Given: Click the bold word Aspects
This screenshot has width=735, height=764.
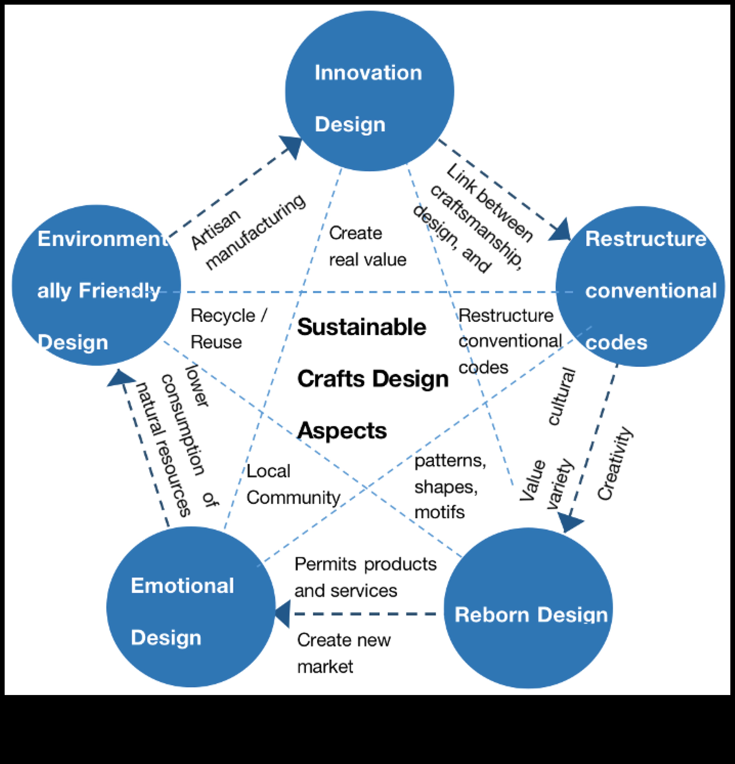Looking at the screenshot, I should [x=342, y=430].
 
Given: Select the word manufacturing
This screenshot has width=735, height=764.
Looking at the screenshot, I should [x=255, y=232].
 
